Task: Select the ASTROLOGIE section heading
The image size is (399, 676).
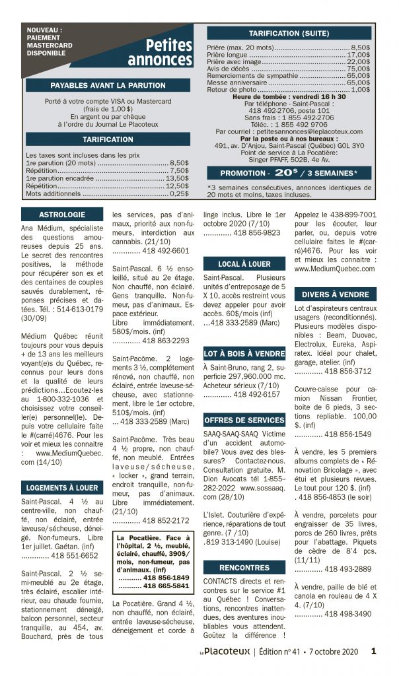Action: coord(62,215)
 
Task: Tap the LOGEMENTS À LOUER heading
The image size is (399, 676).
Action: coord(62,487)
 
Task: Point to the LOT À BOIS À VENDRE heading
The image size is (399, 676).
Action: coord(244,354)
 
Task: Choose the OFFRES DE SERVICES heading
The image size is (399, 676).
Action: coord(244,420)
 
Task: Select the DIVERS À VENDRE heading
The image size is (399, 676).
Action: coord(336,294)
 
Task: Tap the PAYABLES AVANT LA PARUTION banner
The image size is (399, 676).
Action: coord(108,86)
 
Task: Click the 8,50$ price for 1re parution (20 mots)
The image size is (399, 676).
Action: coord(178,162)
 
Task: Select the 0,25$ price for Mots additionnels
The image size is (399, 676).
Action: coord(178,194)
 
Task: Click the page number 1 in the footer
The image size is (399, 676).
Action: coord(374,651)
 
